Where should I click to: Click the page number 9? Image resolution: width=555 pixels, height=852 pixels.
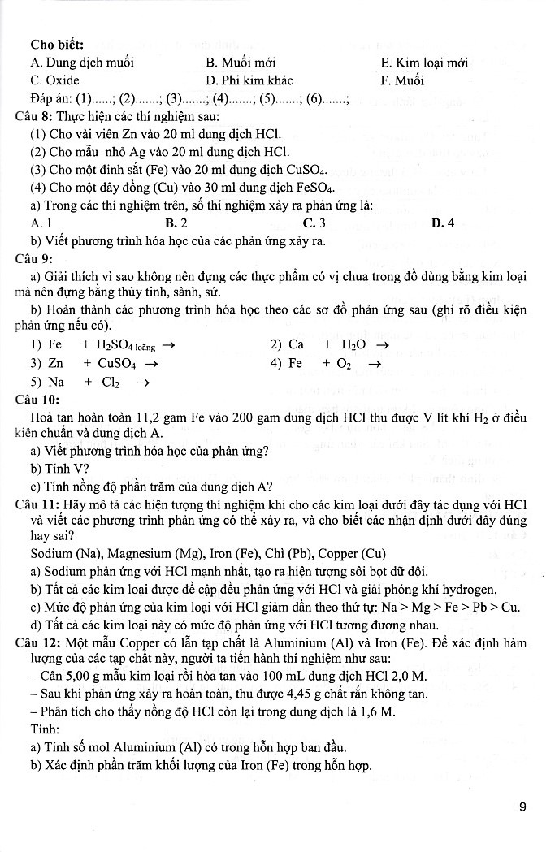(522, 807)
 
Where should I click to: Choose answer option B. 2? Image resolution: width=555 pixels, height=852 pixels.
(176, 223)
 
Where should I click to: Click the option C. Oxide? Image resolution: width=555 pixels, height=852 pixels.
(55, 80)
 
